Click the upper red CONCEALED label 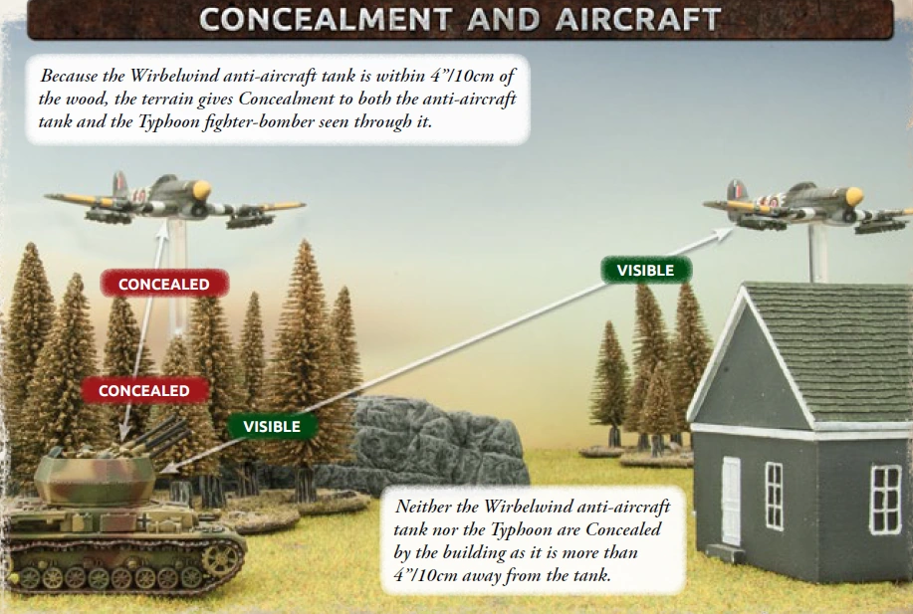pos(164,285)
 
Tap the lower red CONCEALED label pos(143,391)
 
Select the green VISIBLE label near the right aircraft pos(645,270)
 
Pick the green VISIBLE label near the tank pos(272,426)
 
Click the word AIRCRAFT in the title pos(636,19)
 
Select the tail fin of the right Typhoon pos(736,189)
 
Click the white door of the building pos(731,501)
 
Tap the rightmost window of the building pos(885,499)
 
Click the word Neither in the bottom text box pos(424,507)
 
